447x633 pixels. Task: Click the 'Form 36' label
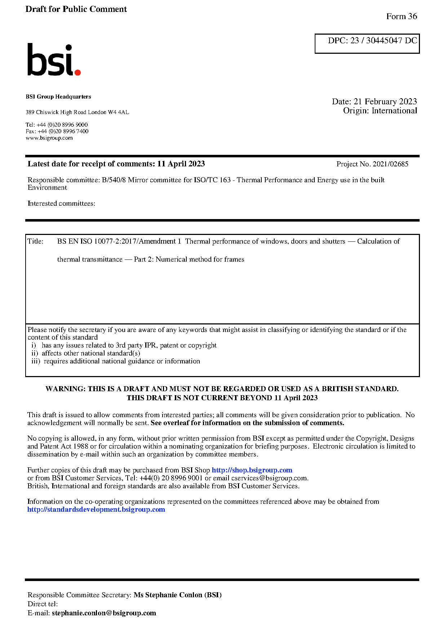(401, 17)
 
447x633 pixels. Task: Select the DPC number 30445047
(384, 40)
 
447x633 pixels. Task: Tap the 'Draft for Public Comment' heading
(76, 9)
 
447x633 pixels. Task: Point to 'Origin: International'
(380, 111)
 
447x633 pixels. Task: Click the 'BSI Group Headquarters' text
(58, 97)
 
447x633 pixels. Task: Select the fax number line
(57, 131)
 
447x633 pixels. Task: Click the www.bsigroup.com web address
(49, 138)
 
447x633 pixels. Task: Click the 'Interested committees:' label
(61, 204)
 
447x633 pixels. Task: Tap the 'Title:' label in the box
(35, 241)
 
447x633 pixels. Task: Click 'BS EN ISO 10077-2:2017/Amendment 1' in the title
(119, 241)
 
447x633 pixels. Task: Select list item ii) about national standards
(86, 353)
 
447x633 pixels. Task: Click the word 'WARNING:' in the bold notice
(65, 389)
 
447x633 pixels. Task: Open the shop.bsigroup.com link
(252, 470)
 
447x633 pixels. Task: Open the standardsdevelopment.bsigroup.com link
(96, 510)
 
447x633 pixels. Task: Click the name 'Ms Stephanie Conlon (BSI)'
(177, 595)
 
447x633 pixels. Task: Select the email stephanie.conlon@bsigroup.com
(104, 613)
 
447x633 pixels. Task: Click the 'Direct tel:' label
(43, 604)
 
